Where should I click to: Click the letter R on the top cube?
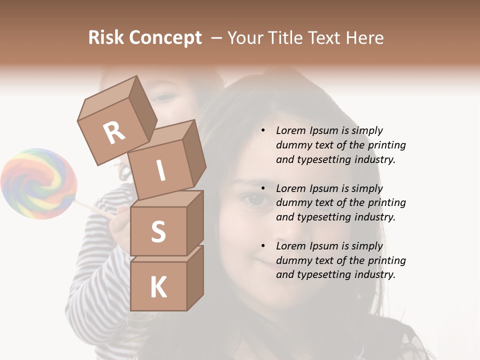pyautogui.click(x=114, y=133)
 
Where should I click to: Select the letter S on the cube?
pyautogui.click(x=158, y=232)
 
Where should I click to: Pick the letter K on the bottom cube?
pyautogui.click(x=158, y=287)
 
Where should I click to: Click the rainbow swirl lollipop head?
pyautogui.click(x=38, y=183)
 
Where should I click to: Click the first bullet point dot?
pyautogui.click(x=263, y=130)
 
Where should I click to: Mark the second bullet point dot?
pyautogui.click(x=263, y=188)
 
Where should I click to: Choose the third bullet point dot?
pyautogui.click(x=263, y=246)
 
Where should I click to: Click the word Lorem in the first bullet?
pyautogui.click(x=290, y=130)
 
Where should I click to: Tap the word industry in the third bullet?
pyautogui.click(x=373, y=274)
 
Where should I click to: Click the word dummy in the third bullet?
pyautogui.click(x=292, y=260)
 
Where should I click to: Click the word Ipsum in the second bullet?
pyautogui.click(x=324, y=188)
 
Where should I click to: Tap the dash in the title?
pyautogui.click(x=217, y=38)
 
